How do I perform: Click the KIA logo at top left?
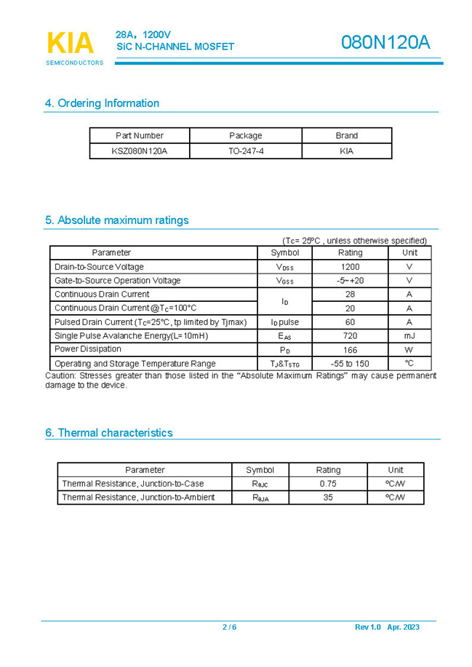71,45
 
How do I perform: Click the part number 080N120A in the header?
385,43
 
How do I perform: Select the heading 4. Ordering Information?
102,103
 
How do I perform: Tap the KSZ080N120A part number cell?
139,151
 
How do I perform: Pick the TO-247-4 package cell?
245,151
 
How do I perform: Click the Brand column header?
346,135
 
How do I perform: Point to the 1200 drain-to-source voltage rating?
350,267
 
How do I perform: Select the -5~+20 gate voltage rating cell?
350,281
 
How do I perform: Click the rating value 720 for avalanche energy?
350,336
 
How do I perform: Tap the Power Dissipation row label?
88,349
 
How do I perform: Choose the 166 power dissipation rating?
350,350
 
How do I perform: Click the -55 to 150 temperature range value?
350,364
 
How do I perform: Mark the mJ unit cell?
409,336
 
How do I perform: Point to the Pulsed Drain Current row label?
151,322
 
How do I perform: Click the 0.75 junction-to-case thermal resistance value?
328,484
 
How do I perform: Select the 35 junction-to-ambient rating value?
328,498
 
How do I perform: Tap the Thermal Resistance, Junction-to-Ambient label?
138,498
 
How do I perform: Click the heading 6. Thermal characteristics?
108,433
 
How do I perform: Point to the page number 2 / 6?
229,627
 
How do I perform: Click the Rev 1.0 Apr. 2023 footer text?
387,627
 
